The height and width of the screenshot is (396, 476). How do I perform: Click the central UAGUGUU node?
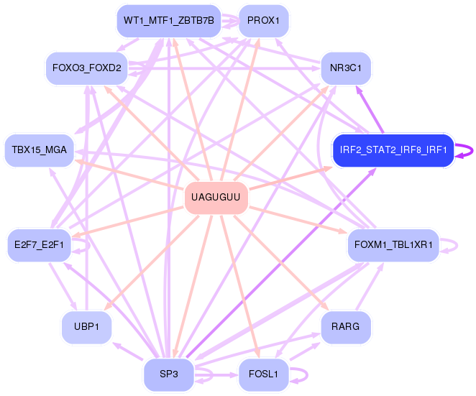coord(216,198)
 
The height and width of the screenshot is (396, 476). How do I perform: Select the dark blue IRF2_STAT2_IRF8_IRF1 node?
coord(393,150)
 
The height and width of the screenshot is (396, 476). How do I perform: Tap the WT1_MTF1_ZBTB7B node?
coord(169,21)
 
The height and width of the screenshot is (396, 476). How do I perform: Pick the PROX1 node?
coord(263,21)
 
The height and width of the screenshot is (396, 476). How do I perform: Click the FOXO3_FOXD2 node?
coord(87,68)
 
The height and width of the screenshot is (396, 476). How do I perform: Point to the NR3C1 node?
coord(346,68)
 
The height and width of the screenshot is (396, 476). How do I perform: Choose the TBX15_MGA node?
coord(40,150)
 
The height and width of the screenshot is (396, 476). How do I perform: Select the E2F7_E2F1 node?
coord(40,245)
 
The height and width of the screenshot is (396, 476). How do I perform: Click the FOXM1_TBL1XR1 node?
coord(393,245)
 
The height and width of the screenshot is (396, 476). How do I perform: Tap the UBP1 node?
coord(86,327)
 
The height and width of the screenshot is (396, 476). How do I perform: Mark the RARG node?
coord(346,327)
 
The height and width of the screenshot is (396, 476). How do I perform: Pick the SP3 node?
coord(169,374)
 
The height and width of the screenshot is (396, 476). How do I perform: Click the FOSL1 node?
coord(263,374)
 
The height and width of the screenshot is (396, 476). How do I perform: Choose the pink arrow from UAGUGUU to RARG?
coord(281,263)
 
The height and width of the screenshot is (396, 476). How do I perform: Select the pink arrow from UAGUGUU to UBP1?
coord(151,263)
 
